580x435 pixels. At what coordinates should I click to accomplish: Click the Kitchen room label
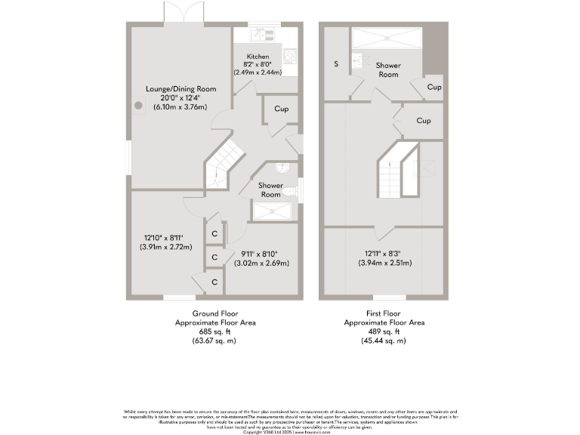258,57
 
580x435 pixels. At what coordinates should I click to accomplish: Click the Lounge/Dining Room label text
181,89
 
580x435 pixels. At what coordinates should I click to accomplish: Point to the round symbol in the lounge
139,106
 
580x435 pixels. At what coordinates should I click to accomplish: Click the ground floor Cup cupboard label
281,110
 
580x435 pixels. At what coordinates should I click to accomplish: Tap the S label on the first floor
336,64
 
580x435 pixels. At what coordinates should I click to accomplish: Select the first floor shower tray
385,38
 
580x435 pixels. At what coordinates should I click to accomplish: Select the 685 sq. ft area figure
215,332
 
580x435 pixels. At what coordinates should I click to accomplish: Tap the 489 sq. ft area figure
384,332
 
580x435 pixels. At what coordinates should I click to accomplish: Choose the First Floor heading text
384,313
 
